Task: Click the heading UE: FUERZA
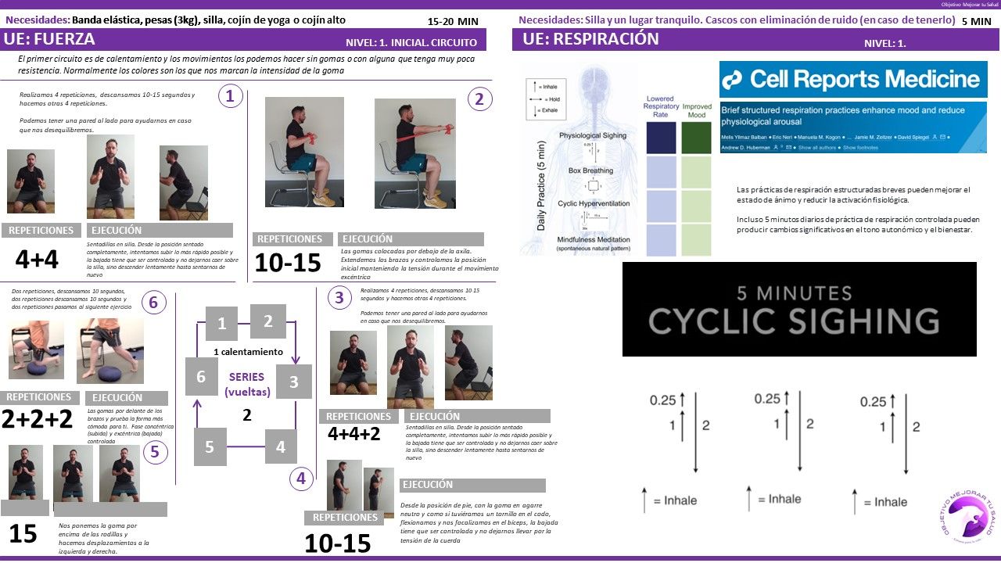coord(50,40)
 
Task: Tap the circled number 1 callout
coord(229,96)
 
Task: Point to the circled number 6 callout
coord(154,303)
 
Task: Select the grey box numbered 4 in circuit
coord(281,447)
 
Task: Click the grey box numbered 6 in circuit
coord(201,376)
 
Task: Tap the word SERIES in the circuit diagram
coord(246,376)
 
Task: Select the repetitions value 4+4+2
coord(353,433)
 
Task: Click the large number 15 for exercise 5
coord(23,533)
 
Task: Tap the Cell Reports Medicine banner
coord(853,79)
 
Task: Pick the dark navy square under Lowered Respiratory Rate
coord(661,138)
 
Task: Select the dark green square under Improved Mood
coord(696,138)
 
